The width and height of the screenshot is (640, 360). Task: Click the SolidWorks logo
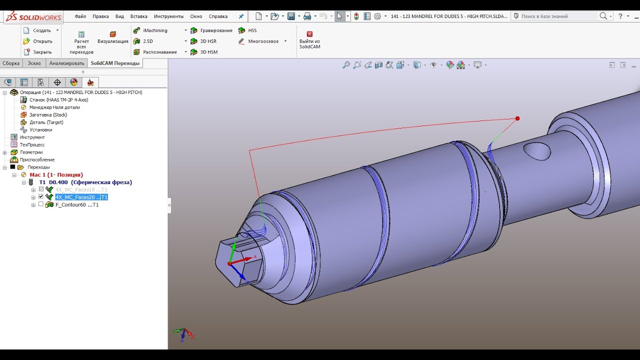pyautogui.click(x=33, y=16)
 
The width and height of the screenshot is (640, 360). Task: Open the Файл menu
pyautogui.click(x=80, y=16)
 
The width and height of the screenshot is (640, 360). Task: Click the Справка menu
pyautogui.click(x=218, y=16)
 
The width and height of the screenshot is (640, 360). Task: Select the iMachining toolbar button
pyautogui.click(x=154, y=30)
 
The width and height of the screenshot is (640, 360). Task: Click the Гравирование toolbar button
pyautogui.click(x=215, y=30)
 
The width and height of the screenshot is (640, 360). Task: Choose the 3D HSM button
pyautogui.click(x=208, y=52)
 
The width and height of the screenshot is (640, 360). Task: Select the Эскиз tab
pyautogui.click(x=34, y=63)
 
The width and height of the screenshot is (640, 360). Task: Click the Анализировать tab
pyautogui.click(x=66, y=63)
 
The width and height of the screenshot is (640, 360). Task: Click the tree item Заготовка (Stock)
pyautogui.click(x=47, y=115)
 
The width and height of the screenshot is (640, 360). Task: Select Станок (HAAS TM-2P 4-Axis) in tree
pyautogui.click(x=58, y=100)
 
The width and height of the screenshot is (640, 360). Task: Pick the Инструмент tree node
pyautogui.click(x=32, y=137)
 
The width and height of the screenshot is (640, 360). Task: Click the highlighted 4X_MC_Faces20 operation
pyautogui.click(x=81, y=197)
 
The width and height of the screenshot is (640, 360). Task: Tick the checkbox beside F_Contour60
pyautogui.click(x=41, y=204)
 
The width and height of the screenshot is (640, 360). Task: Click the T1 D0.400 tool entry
pyautogui.click(x=85, y=182)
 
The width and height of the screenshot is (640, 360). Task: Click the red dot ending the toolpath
pyautogui.click(x=517, y=118)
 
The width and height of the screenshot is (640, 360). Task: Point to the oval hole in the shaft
pyautogui.click(x=536, y=150)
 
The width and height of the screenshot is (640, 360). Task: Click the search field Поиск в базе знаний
pyautogui.click(x=558, y=16)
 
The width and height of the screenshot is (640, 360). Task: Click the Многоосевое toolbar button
pyautogui.click(x=263, y=41)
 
